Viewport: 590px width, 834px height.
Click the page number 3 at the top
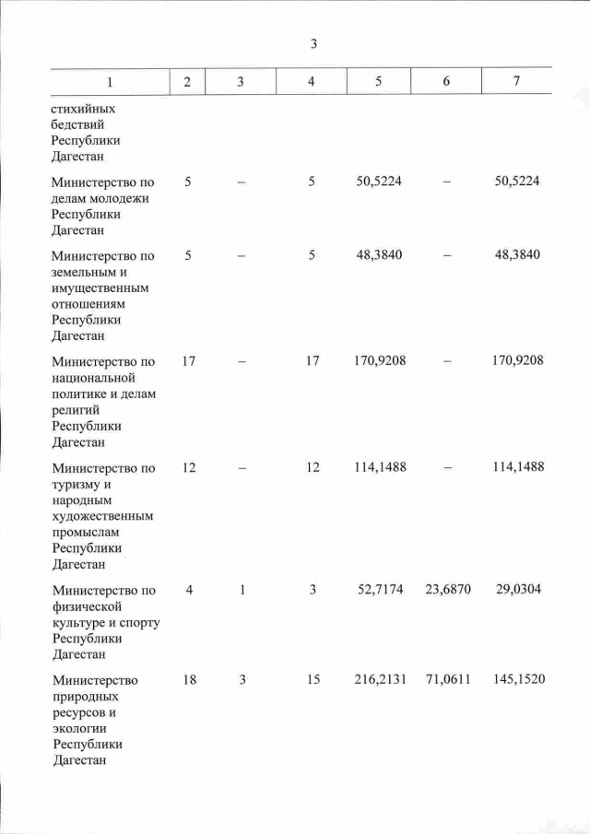coord(313,44)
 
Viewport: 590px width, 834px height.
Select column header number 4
coord(312,82)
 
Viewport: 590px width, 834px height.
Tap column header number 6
coord(446,82)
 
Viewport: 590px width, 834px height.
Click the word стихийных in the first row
coord(83,107)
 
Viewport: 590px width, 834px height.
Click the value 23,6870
coord(448,590)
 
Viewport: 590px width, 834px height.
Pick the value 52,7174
coord(380,590)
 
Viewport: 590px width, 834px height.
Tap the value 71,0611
coord(448,680)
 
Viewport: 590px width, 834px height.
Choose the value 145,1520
coord(518,680)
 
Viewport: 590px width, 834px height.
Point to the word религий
coord(78,410)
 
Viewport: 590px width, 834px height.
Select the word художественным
coord(101,516)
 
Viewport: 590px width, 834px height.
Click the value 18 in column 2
coord(188,680)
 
